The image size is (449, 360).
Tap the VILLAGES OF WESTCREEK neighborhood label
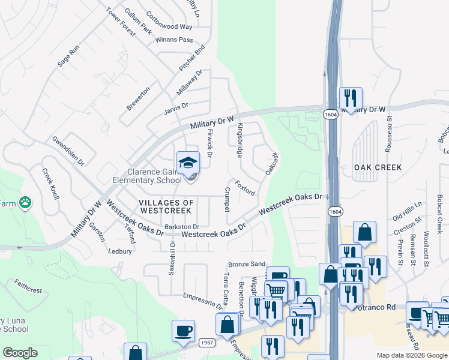166,207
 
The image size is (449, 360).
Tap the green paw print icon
25,202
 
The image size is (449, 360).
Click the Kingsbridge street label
240,140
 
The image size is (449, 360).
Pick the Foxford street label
246,188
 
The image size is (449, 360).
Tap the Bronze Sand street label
246,264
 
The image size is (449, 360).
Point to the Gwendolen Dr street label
68,151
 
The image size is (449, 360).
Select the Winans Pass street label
173,40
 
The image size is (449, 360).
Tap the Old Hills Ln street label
407,211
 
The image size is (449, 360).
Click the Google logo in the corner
20,353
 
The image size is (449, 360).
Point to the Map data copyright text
411,355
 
